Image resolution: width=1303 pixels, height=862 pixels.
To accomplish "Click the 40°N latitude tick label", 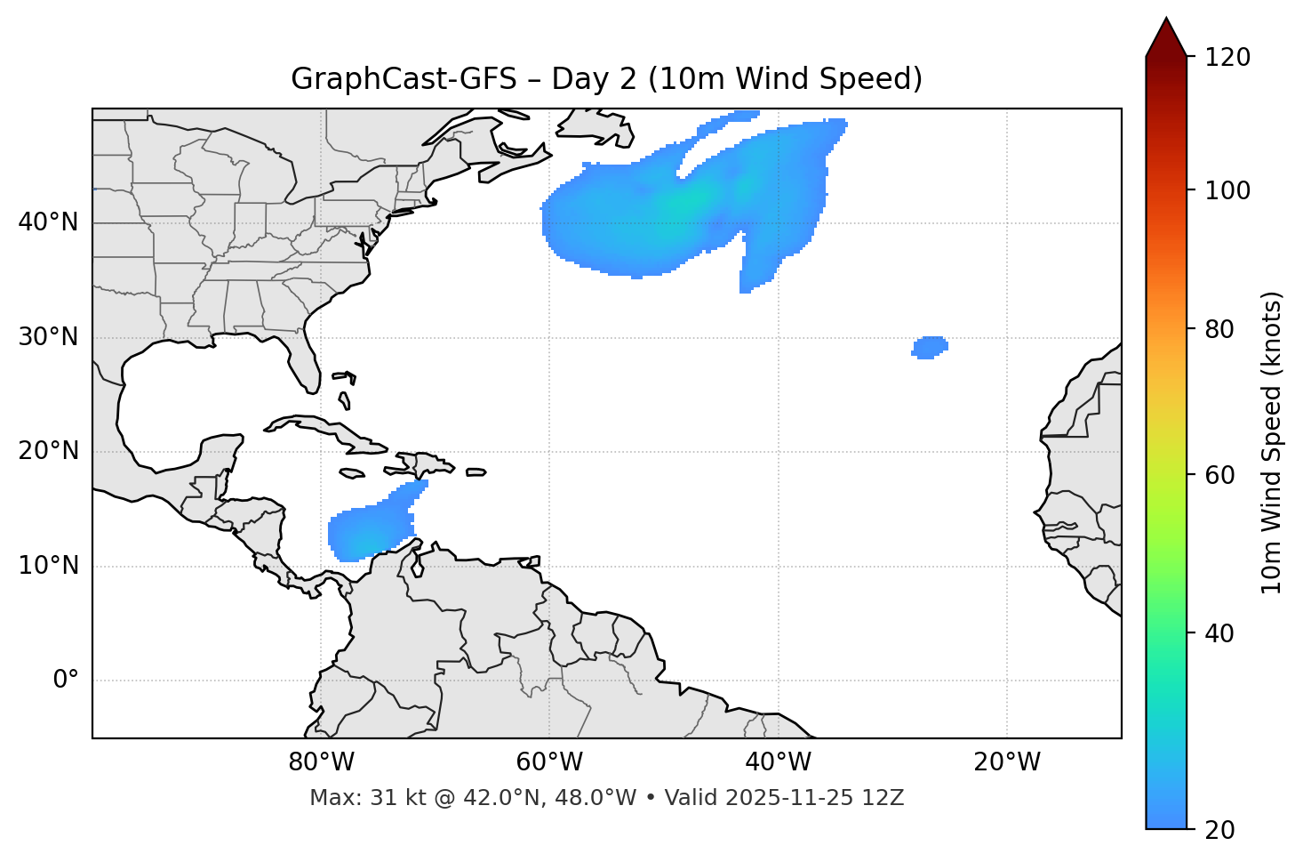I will click(x=48, y=222).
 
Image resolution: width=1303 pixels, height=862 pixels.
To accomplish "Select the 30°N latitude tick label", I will click(x=48, y=337).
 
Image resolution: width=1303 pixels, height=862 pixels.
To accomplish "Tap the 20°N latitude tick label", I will click(x=48, y=451).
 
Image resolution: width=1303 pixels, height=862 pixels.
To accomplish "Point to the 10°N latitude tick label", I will click(x=48, y=566).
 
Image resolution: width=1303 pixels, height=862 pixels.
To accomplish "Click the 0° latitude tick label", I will click(x=66, y=681).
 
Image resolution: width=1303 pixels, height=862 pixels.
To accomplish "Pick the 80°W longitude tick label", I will click(x=321, y=762).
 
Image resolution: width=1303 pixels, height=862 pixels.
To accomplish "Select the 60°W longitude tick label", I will click(x=549, y=762).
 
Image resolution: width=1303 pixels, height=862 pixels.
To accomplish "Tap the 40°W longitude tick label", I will click(x=778, y=762).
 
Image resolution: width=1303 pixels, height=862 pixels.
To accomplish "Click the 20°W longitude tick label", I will click(x=1006, y=762).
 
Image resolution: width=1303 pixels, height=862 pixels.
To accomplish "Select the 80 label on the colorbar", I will click(x=1219, y=329).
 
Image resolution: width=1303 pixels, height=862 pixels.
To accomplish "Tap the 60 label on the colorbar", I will click(x=1219, y=475).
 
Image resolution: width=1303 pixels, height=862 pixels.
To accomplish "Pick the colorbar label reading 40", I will click(x=1219, y=633).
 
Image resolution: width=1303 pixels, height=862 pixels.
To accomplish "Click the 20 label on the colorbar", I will click(x=1219, y=830).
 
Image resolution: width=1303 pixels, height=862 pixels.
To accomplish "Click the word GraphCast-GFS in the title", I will click(x=404, y=79).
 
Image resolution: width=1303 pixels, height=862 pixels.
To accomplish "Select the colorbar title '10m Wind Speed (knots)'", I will click(x=1272, y=442).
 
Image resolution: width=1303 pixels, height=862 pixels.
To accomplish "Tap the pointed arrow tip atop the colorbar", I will click(x=1166, y=21).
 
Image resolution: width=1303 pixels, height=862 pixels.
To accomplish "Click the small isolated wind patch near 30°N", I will click(x=930, y=347).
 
